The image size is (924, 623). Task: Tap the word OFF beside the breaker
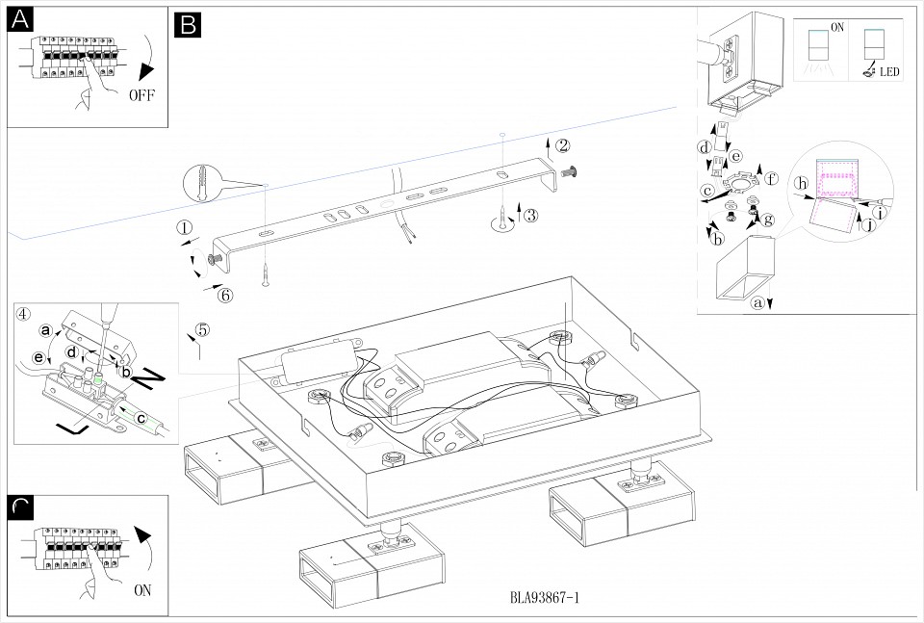click(141, 95)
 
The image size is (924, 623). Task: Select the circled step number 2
click(563, 145)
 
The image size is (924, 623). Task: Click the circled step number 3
click(530, 215)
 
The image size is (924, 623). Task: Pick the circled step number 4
click(23, 313)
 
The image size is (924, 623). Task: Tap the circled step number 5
click(201, 329)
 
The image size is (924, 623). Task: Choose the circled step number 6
click(224, 295)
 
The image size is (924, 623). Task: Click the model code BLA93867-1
click(544, 598)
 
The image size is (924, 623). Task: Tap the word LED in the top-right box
click(889, 73)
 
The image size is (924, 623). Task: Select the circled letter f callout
click(771, 178)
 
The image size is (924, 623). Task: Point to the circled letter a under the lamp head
click(757, 303)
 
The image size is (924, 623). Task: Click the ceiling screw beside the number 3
click(502, 220)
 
